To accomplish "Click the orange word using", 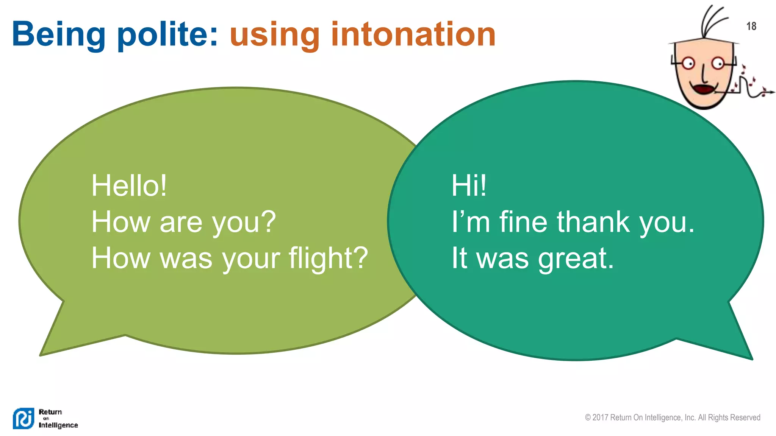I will pos(275,36).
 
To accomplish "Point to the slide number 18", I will pos(751,26).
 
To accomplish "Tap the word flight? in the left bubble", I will pos(328,258).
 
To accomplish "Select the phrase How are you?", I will pos(183,222).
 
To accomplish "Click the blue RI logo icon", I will pos(23,418).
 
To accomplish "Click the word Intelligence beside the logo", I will pos(58,425).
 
